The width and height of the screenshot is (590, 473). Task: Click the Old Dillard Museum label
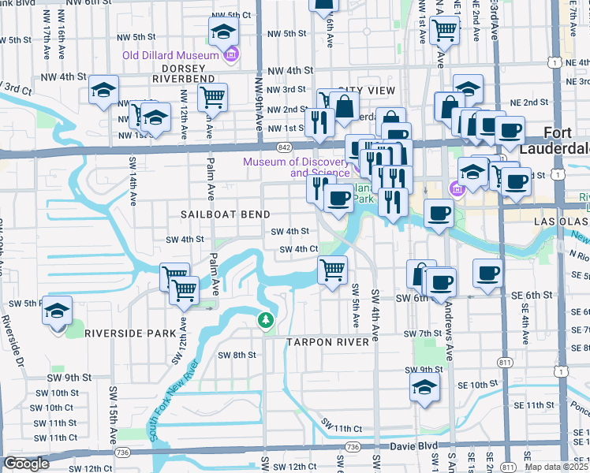point(170,56)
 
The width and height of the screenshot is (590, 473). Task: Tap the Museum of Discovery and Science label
point(296,167)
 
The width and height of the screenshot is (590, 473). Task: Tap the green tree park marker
point(266,320)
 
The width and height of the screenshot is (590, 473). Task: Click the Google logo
point(26,464)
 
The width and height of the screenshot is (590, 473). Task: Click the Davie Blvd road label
point(415,446)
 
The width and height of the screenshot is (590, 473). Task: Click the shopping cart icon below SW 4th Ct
point(333,270)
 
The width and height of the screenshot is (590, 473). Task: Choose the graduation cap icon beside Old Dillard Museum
point(223,32)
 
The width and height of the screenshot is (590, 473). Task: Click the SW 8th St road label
point(237,355)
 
